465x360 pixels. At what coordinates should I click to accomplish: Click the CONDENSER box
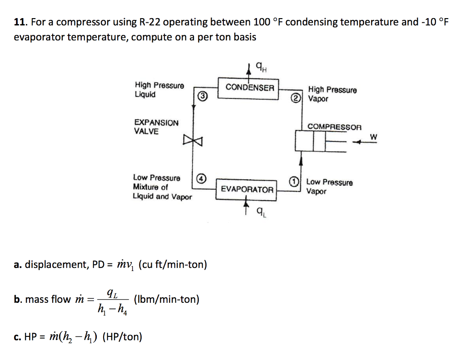tap(250, 87)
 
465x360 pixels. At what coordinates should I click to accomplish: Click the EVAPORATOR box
tap(247, 189)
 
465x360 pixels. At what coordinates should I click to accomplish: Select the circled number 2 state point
tap(296, 98)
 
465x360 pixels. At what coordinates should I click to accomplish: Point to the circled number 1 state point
tap(295, 182)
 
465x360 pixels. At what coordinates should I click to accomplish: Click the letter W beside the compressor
tap(373, 136)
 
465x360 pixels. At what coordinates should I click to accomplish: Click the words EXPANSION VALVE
tap(156, 127)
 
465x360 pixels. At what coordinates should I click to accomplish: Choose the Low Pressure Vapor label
tap(329, 187)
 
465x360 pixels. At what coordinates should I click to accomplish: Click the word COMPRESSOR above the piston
tap(334, 127)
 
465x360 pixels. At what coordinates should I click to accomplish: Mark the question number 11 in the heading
tap(19, 22)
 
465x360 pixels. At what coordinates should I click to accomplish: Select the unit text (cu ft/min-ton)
tap(173, 264)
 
